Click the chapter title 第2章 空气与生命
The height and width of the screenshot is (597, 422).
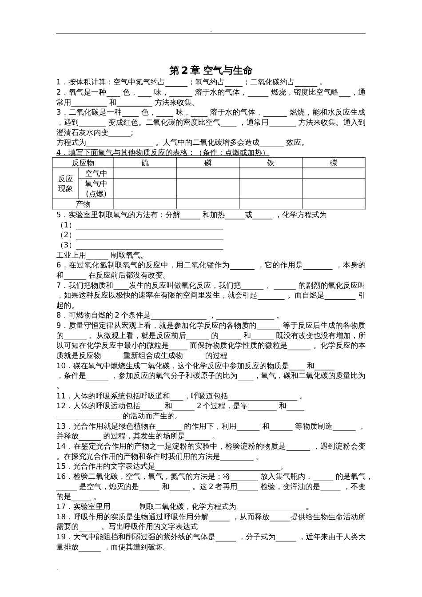click(x=211, y=71)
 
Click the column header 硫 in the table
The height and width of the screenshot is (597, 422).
click(x=145, y=163)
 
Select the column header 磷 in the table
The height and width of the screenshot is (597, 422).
click(x=208, y=163)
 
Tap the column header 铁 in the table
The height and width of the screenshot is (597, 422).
click(x=271, y=163)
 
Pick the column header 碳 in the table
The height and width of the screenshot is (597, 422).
click(x=334, y=163)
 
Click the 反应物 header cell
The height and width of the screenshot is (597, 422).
click(x=83, y=163)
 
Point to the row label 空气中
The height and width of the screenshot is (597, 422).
click(x=96, y=173)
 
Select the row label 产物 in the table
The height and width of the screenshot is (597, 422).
click(x=83, y=204)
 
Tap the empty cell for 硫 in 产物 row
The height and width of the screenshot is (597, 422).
click(x=145, y=204)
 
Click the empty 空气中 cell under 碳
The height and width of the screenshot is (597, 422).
click(x=334, y=173)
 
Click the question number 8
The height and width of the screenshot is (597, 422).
click(x=59, y=315)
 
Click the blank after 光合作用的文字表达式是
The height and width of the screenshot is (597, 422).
click(x=218, y=466)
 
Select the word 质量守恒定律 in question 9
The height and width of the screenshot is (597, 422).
click(x=92, y=326)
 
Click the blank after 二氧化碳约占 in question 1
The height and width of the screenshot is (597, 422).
click(x=306, y=82)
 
